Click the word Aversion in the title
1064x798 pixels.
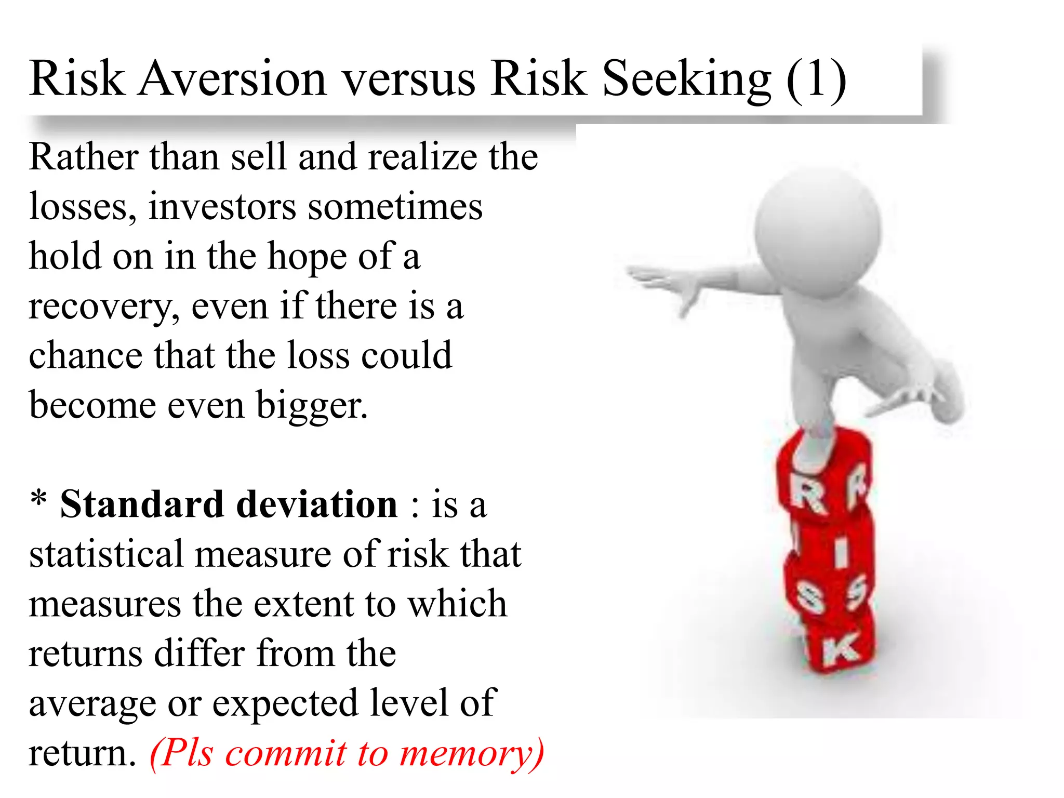click(232, 79)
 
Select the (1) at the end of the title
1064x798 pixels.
click(816, 79)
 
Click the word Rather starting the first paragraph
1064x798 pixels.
click(84, 157)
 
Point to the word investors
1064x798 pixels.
click(222, 207)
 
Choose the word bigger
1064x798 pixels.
click(312, 406)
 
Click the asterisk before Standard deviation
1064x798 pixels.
click(38, 500)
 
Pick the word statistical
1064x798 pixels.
click(107, 554)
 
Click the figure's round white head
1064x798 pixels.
click(819, 231)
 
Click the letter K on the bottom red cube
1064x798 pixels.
click(840, 649)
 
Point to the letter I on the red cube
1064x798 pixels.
click(841, 552)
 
